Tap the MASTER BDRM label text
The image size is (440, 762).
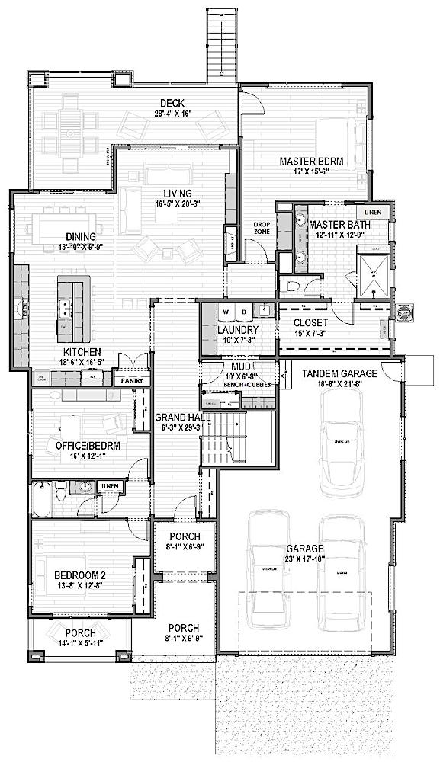pyautogui.click(x=310, y=162)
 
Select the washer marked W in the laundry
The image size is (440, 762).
pyautogui.click(x=226, y=312)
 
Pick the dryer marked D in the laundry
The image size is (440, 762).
pyautogui.click(x=243, y=312)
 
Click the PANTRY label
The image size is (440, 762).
pyautogui.click(x=127, y=379)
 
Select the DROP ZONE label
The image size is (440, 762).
pyautogui.click(x=262, y=226)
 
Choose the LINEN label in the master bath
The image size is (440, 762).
pyautogui.click(x=371, y=212)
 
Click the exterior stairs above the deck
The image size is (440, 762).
pyautogui.click(x=221, y=42)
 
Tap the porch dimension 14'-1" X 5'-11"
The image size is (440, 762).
pyautogui.click(x=80, y=644)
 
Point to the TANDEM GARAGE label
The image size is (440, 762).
pyautogui.click(x=339, y=373)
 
